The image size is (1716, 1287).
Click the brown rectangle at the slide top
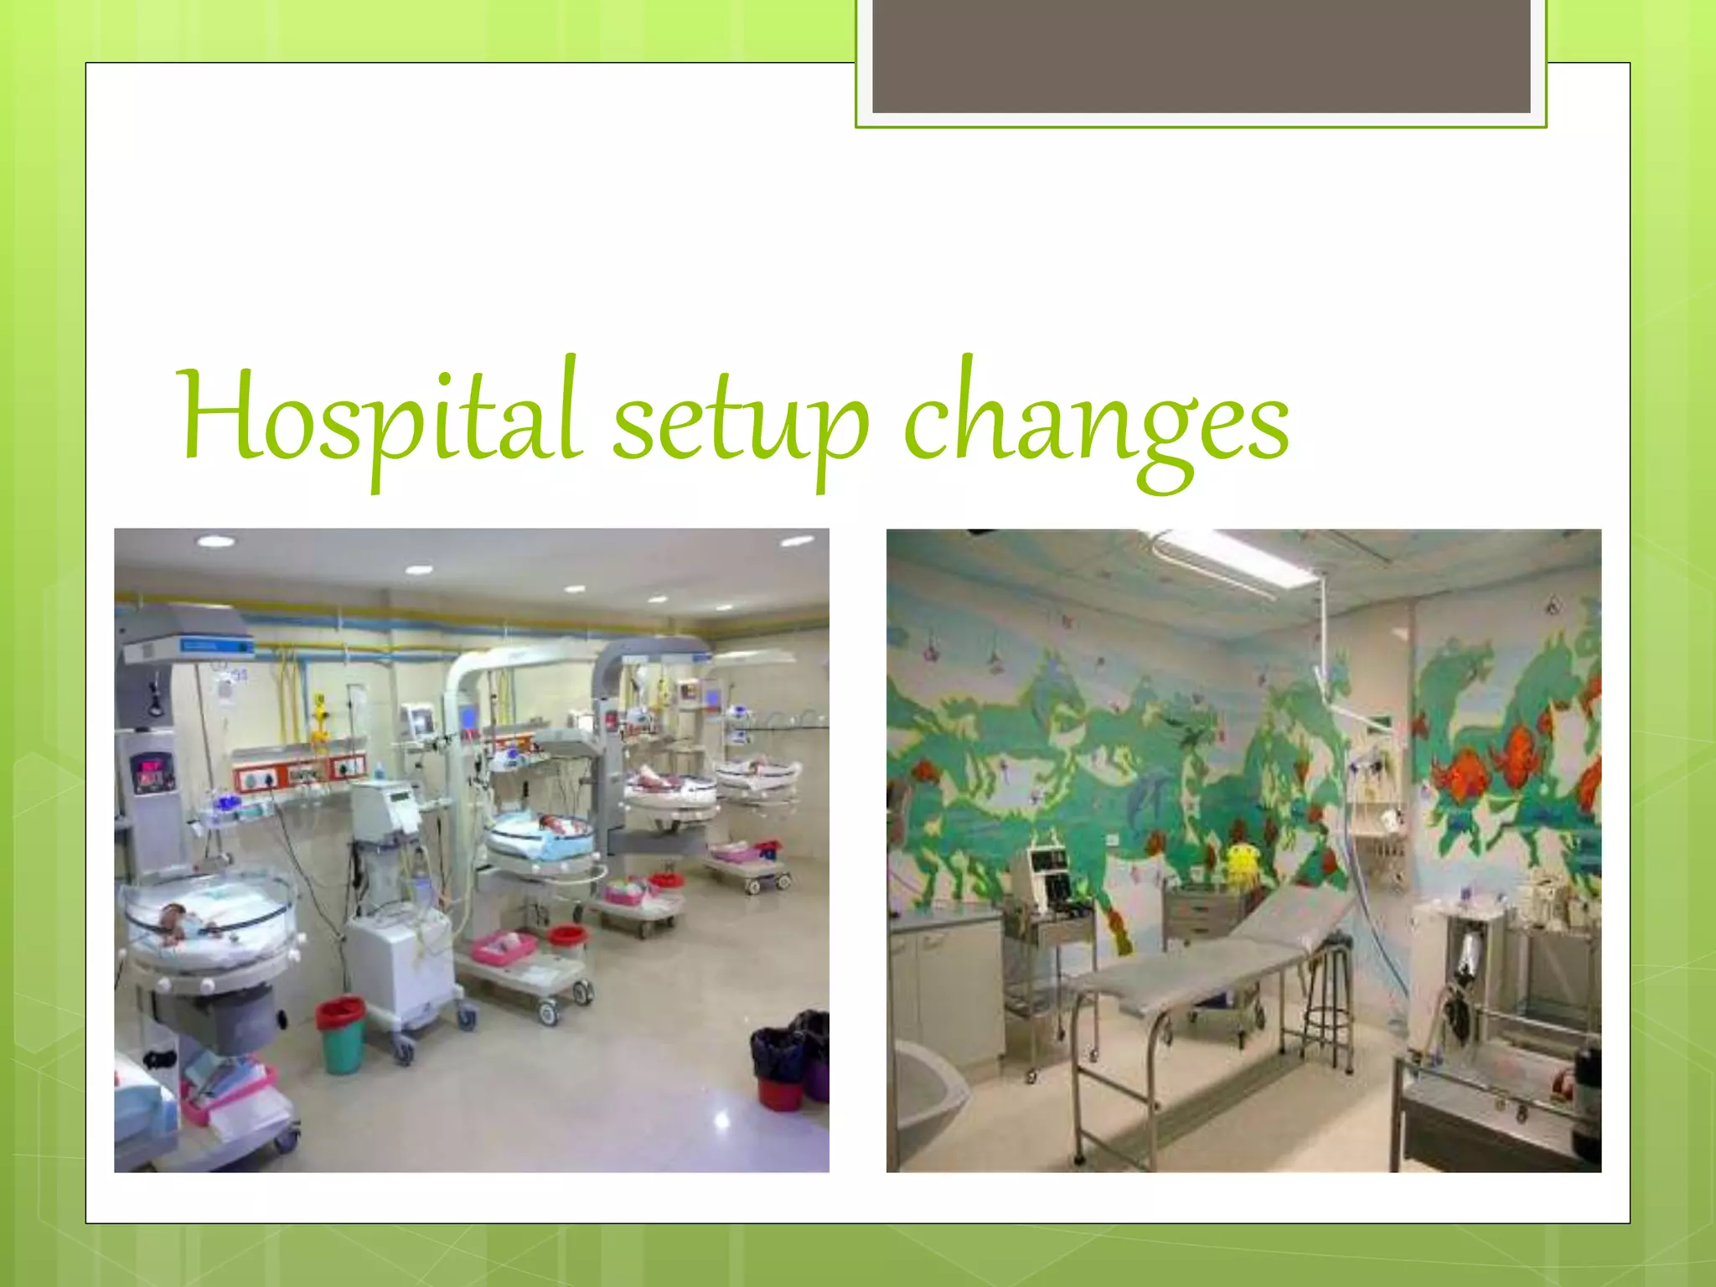tap(1201, 55)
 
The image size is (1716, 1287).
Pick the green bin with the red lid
tap(340, 1034)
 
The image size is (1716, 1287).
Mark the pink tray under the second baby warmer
tap(503, 947)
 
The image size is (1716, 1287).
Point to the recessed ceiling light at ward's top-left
tap(215, 541)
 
